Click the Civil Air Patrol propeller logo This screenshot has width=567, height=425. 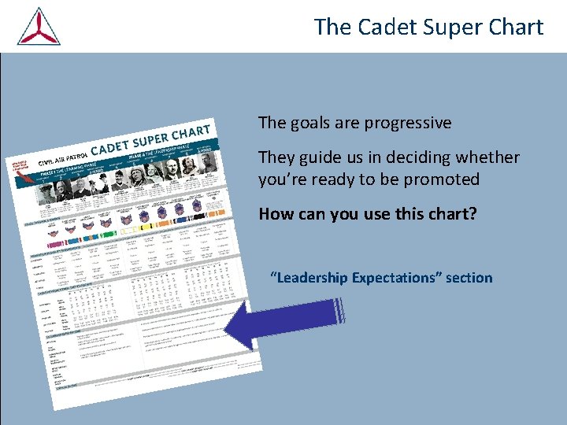click(x=39, y=26)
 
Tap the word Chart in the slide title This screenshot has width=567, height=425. click(x=511, y=27)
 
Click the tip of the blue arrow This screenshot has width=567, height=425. click(x=229, y=327)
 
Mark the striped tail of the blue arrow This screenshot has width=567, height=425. click(x=339, y=311)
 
